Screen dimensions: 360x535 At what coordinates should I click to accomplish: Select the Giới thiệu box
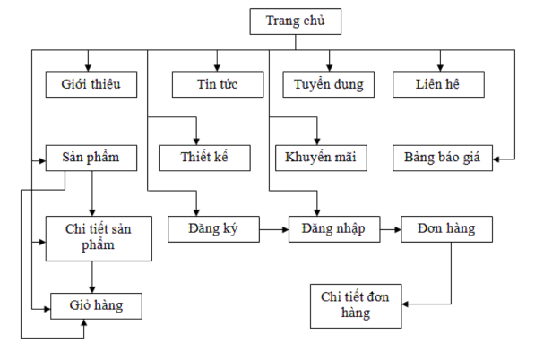91,84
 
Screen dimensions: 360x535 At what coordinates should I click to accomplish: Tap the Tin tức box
218,84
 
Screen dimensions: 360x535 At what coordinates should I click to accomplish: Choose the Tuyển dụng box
328,84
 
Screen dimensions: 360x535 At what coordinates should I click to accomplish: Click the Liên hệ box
438,84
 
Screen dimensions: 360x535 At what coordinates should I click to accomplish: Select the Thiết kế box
204,157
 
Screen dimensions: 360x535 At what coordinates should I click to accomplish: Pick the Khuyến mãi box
321,157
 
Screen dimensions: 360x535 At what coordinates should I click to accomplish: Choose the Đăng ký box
212,229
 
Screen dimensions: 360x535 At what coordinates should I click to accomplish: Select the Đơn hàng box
446,229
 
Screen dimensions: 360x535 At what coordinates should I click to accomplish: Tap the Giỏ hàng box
97,305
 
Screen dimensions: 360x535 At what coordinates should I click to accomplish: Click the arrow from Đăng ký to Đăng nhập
273,229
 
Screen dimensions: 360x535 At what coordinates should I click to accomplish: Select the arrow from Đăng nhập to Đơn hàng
390,229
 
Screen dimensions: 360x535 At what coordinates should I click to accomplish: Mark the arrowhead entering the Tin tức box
218,66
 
